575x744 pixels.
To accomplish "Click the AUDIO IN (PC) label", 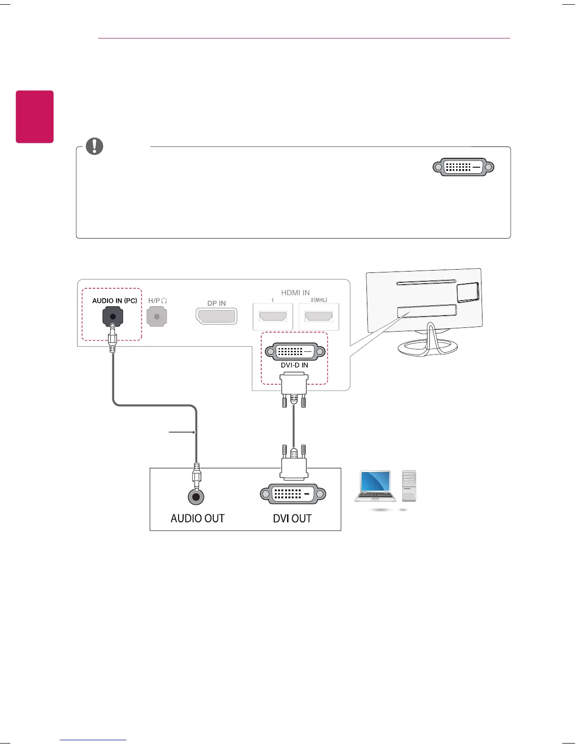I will point(115,301).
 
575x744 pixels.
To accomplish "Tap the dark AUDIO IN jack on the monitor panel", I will point(113,317).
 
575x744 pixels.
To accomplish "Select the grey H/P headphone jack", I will point(157,317).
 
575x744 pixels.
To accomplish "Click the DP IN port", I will point(217,316).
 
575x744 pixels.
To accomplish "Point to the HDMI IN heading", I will point(295,293).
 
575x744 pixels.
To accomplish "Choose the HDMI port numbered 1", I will point(273,317).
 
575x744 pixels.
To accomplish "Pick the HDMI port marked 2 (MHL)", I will point(319,317).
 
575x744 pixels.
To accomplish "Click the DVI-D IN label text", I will point(295,365).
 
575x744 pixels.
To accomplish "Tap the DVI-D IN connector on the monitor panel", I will point(295,351).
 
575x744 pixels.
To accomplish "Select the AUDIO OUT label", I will point(198,519).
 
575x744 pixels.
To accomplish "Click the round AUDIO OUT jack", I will point(196,496).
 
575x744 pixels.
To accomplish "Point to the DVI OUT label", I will point(292,519).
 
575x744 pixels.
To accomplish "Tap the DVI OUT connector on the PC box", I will point(293,494).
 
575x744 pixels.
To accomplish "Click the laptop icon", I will point(375,486).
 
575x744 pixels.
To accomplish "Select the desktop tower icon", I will point(409,486).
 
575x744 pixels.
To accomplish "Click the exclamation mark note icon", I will point(94,146).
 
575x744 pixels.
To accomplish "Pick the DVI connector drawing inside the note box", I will point(463,167).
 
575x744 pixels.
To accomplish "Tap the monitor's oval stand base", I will point(427,348).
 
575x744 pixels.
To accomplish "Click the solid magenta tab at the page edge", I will point(35,116).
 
